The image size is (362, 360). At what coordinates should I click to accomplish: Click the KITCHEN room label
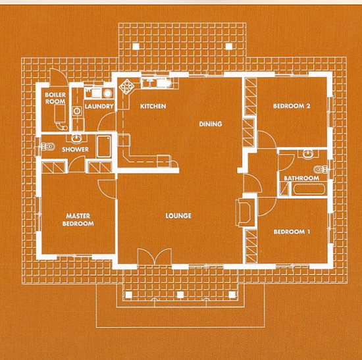point(153,106)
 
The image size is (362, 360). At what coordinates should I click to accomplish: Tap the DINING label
point(211,124)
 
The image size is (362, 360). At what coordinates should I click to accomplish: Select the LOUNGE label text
point(178,216)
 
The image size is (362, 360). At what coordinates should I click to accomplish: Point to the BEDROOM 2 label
point(292,106)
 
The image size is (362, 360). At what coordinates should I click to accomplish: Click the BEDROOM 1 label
point(292,232)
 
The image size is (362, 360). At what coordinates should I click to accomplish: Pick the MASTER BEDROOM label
point(78,220)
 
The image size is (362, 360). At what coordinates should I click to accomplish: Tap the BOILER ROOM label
point(55,98)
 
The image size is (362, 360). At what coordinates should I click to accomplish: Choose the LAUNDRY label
point(99,107)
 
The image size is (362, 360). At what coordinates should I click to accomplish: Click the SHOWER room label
point(75,149)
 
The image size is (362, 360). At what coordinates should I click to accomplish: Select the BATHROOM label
point(301,178)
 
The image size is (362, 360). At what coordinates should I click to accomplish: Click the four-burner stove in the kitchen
point(127,86)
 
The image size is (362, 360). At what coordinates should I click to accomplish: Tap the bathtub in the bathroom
point(309,189)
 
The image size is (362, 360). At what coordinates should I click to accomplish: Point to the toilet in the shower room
point(48,146)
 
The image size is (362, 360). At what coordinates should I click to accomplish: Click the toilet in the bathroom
point(321,169)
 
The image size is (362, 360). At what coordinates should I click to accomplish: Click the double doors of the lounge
point(154,256)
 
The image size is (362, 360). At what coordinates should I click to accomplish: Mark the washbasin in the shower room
point(76,139)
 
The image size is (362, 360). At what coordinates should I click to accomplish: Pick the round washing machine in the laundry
point(107,93)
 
